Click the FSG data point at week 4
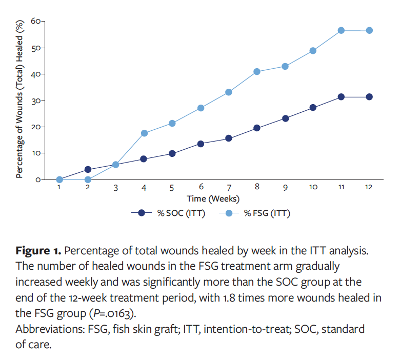(144, 133)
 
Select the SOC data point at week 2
(88, 169)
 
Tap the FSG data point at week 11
(341, 30)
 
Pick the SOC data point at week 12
(369, 97)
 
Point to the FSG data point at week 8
(257, 71)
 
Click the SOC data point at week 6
(201, 144)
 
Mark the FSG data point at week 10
(313, 51)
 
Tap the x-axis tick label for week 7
(229, 188)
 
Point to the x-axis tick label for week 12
(369, 188)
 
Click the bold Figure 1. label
(38, 251)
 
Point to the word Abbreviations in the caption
(48, 329)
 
